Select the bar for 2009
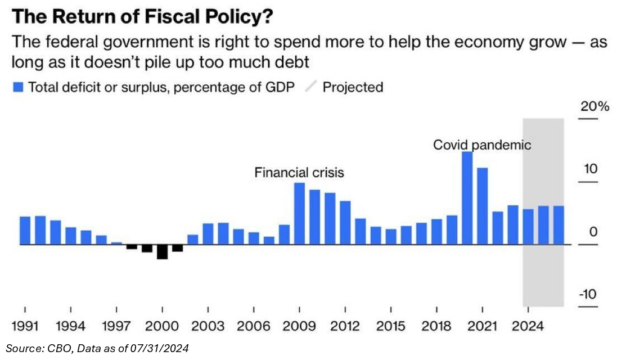pyautogui.click(x=300, y=214)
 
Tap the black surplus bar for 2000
pyautogui.click(x=162, y=251)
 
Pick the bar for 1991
pyautogui.click(x=25, y=231)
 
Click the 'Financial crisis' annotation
pyautogui.click(x=299, y=172)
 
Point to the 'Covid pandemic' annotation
pyautogui.click(x=482, y=145)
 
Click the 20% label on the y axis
pyautogui.click(x=595, y=107)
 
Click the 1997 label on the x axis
pyautogui.click(x=116, y=326)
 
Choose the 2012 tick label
pyautogui.click(x=345, y=326)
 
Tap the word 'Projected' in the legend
pyautogui.click(x=353, y=87)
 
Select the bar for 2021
pyautogui.click(x=482, y=206)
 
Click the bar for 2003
pyautogui.click(x=208, y=234)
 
